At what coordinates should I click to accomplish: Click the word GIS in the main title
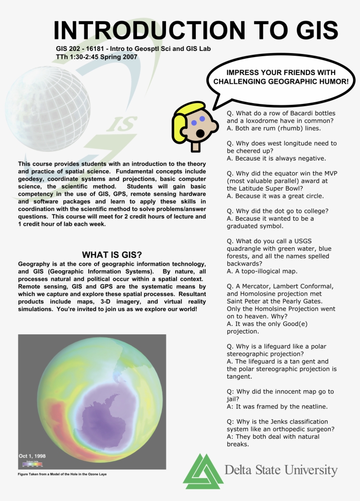[314, 30]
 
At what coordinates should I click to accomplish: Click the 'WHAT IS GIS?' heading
[112, 255]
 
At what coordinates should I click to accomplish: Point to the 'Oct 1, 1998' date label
[32, 456]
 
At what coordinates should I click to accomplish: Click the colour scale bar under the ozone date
[32, 463]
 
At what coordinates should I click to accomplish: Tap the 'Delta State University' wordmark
[281, 470]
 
